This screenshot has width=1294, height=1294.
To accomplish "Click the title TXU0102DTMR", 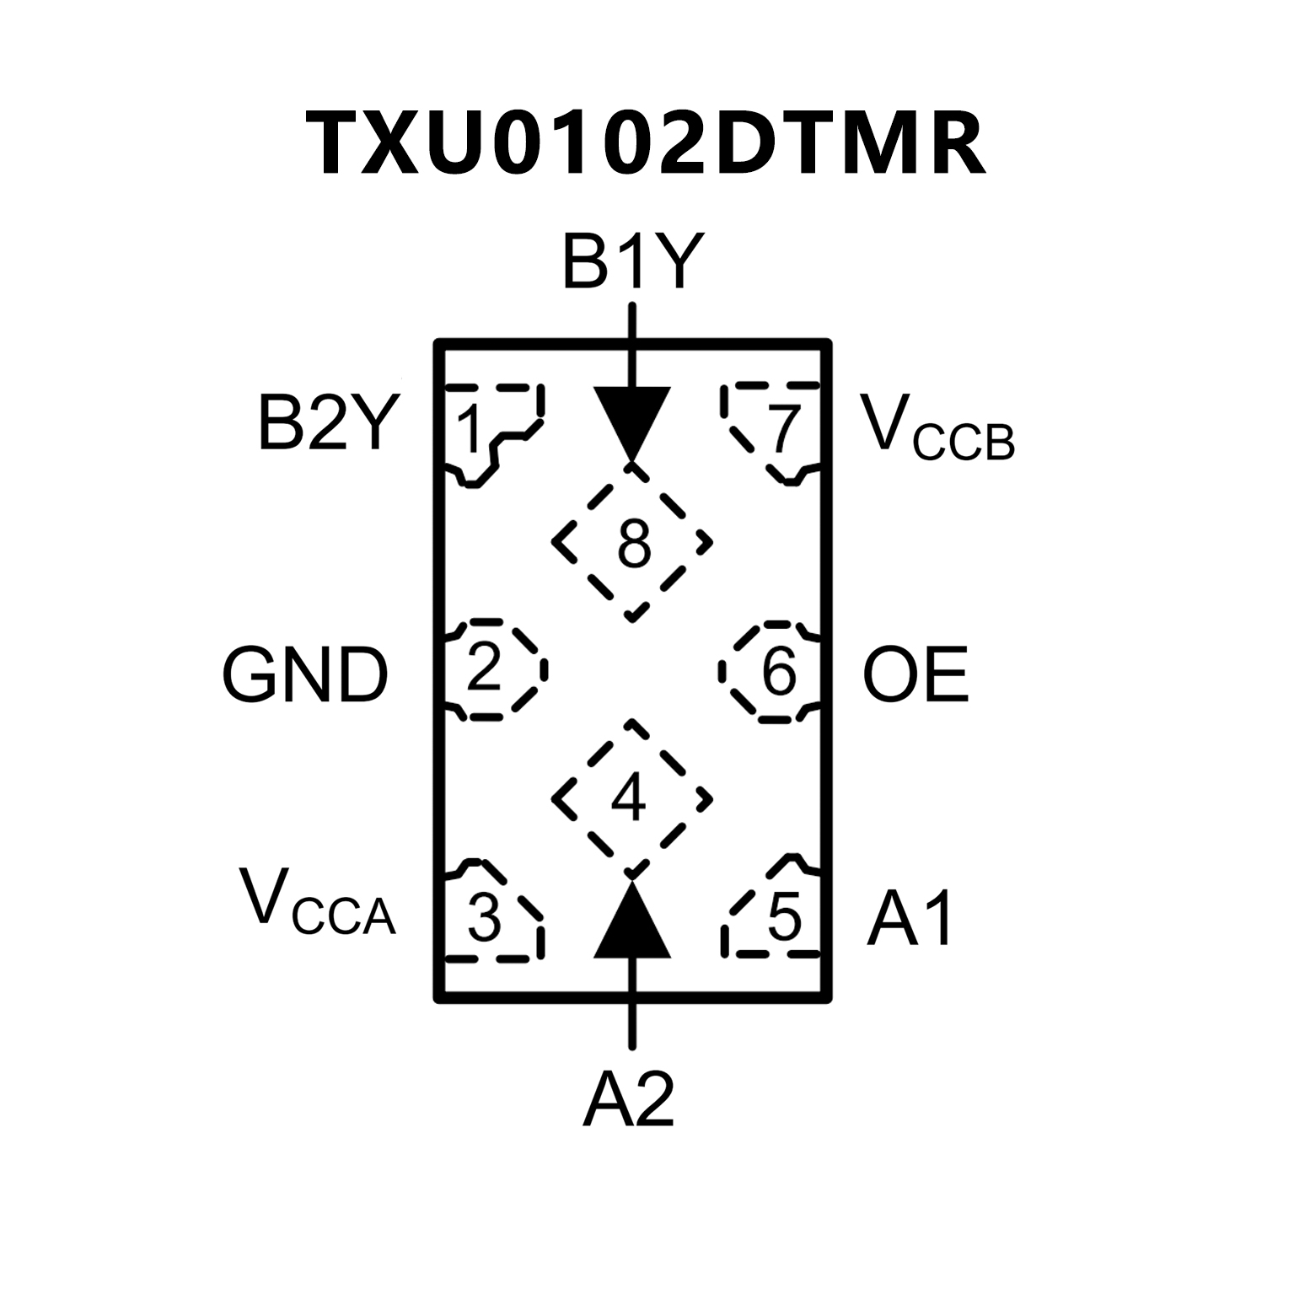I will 646,143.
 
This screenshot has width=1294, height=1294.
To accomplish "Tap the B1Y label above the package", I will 632,263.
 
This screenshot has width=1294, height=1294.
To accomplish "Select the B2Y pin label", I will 325,425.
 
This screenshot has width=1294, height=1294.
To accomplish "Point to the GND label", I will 305,675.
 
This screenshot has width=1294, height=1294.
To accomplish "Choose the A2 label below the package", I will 629,1100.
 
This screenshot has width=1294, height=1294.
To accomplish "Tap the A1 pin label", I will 911,919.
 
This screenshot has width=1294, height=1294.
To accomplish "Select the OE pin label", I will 915,675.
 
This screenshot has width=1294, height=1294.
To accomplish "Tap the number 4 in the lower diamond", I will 630,798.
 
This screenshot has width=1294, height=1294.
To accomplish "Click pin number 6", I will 779,672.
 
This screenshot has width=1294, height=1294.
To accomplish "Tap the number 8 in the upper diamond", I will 634,545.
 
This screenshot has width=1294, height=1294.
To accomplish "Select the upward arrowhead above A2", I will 632,923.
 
